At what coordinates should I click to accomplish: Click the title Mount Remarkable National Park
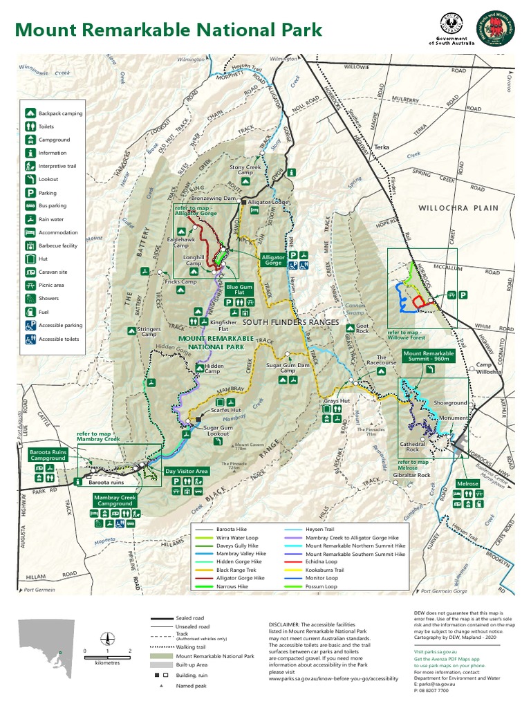168,30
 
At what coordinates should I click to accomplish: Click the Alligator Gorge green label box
272,260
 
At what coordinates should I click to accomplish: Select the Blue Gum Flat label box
240,290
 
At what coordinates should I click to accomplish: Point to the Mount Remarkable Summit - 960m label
431,356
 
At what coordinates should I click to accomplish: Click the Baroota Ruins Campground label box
48,455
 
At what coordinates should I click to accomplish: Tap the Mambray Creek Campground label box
115,500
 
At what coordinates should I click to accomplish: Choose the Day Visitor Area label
187,471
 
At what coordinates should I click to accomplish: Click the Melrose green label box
467,484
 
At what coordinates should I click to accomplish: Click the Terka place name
382,147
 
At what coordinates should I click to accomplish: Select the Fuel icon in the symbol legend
31,313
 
